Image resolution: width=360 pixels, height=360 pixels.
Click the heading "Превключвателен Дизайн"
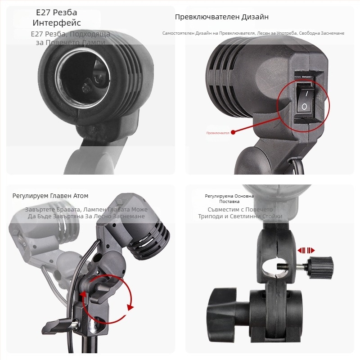[x=221, y=17]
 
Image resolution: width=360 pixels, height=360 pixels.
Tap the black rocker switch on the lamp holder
[x=305, y=100]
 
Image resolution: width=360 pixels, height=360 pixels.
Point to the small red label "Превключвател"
[x=218, y=133]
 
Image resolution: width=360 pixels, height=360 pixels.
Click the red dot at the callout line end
[x=233, y=133]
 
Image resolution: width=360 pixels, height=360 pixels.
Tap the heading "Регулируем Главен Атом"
[x=50, y=196]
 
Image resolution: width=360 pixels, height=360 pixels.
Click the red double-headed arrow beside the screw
[x=306, y=250]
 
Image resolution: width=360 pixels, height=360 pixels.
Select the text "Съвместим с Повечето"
[x=240, y=210]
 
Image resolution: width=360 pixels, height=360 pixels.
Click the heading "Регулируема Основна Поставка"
[x=229, y=199]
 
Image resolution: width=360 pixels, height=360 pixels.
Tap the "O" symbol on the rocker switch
[x=304, y=107]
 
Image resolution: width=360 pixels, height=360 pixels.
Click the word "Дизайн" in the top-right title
[x=255, y=17]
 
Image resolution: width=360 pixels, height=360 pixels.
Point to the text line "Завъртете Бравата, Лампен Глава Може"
[x=86, y=210]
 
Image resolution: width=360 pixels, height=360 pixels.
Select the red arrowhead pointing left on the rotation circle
[x=130, y=307]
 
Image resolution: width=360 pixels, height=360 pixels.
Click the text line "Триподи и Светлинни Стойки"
[x=240, y=216]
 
